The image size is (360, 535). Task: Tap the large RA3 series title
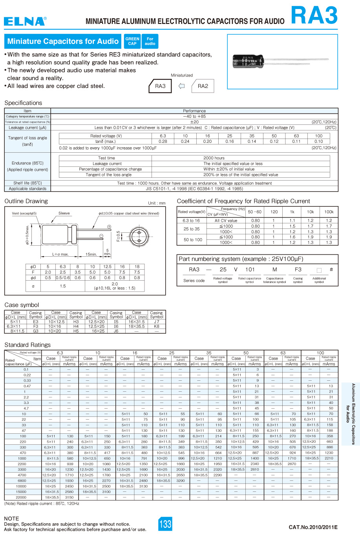pos(314,16)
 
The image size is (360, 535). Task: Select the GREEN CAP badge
pos(132,41)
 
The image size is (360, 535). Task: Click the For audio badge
pos(150,41)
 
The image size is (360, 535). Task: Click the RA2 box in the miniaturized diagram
pos(203,86)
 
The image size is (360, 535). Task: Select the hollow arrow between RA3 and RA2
pos(181,86)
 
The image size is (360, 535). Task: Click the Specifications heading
pos(23,103)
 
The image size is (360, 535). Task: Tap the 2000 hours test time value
pos(214,158)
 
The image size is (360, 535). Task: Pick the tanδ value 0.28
pos(163,141)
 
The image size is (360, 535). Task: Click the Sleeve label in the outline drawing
pos(64,213)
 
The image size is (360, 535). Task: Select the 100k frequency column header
pos(329,212)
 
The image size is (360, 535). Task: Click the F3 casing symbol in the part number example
pos(298,270)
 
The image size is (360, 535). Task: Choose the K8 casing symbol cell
pos(157,326)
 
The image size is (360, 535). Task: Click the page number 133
pos(165,524)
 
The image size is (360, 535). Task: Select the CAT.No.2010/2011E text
pos(313,527)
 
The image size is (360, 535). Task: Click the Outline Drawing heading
pos(26,201)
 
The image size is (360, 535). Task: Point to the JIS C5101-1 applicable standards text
pos(194,189)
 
